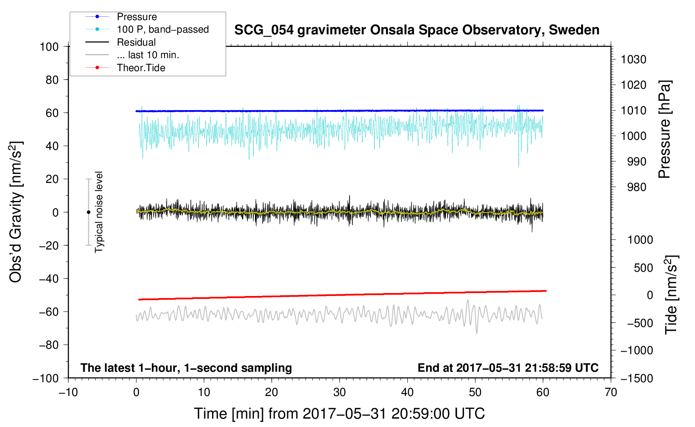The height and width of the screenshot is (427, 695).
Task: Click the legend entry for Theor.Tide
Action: pos(141,68)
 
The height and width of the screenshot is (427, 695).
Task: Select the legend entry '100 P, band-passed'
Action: pos(162,30)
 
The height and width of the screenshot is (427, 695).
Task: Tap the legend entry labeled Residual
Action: pos(136,42)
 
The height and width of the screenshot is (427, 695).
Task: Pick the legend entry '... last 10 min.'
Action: pos(148,55)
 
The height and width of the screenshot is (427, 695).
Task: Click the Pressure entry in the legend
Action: pos(136,17)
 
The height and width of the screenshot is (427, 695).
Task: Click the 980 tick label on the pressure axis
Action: pos(636,187)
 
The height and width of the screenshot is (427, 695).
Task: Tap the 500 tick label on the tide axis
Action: pos(643,268)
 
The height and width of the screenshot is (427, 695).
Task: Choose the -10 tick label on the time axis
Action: pos(68,392)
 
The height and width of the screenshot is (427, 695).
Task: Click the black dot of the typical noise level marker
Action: pos(88,212)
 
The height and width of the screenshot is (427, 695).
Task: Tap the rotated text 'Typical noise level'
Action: pos(99,212)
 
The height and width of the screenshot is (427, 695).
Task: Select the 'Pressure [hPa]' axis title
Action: pos(664,130)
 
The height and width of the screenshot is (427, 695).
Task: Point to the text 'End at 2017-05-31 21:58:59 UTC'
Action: pos(508,368)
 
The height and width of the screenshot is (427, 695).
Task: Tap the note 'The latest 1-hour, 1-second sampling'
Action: pos(186,368)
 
